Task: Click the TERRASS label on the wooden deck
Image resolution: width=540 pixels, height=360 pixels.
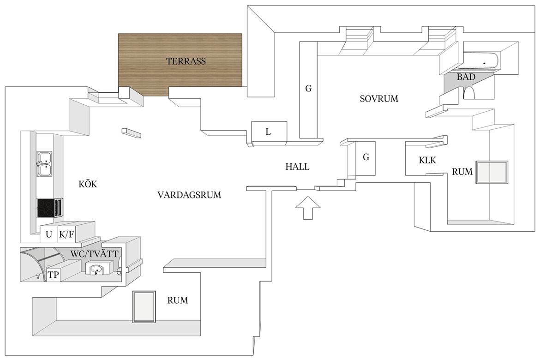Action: pos(186,61)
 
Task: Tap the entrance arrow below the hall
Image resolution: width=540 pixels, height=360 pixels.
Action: pos(308,208)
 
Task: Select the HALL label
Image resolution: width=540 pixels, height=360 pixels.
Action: pos(297,167)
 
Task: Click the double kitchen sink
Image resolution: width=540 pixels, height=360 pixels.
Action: pos(44,163)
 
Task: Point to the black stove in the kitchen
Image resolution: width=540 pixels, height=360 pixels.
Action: pos(45,208)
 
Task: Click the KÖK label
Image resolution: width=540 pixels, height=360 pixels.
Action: pos(88,184)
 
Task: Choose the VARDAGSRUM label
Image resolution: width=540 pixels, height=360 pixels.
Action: pos(189,195)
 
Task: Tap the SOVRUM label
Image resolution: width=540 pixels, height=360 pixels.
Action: pos(379,99)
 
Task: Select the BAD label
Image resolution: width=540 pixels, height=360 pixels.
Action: pos(466,77)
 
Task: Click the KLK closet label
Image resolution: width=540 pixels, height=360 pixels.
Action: pos(427,160)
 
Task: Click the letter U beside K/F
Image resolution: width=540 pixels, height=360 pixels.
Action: pos(49,234)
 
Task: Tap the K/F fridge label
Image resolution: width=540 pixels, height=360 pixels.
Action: pos(66,234)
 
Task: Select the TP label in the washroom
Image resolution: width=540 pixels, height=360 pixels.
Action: pos(53,275)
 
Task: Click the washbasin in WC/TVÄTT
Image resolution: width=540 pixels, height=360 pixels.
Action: pos(96,269)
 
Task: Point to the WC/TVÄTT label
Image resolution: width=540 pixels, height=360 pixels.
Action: pos(94,254)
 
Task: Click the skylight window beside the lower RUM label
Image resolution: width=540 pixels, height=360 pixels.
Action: pos(144,307)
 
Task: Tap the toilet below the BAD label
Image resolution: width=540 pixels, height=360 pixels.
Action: pos(469,93)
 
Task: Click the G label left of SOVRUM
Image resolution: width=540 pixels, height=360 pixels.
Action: pos(308,89)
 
